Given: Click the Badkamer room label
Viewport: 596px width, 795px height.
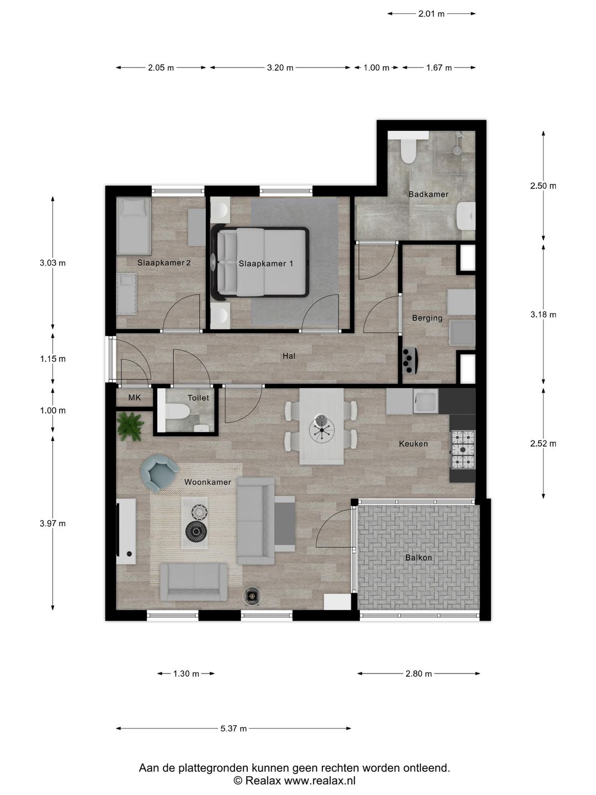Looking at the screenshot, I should pos(428,194).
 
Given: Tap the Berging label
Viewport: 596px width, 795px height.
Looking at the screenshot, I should pos(427,318).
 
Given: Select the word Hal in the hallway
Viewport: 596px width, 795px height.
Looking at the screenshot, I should pos(289,356).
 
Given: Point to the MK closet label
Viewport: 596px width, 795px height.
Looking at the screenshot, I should pos(135,397).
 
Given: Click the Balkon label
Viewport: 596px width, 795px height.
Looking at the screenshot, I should pos(418,558).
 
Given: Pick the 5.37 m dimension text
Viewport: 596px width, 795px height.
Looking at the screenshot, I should pos(233,729).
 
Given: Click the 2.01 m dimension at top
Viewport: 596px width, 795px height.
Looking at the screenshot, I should pos(432,14).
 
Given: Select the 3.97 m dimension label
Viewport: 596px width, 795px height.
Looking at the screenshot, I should pos(52,523).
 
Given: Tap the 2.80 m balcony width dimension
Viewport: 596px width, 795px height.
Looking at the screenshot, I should pos(418,674).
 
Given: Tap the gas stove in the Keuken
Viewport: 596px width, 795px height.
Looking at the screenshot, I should pos(462,449).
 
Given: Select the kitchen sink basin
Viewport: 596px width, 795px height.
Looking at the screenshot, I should pos(425,401).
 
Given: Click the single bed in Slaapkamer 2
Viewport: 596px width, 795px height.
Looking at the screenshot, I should pos(134,226).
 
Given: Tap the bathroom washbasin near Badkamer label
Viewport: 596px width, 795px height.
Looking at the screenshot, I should pos(466,216).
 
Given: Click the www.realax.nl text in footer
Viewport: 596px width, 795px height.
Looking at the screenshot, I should pos(320,781).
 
